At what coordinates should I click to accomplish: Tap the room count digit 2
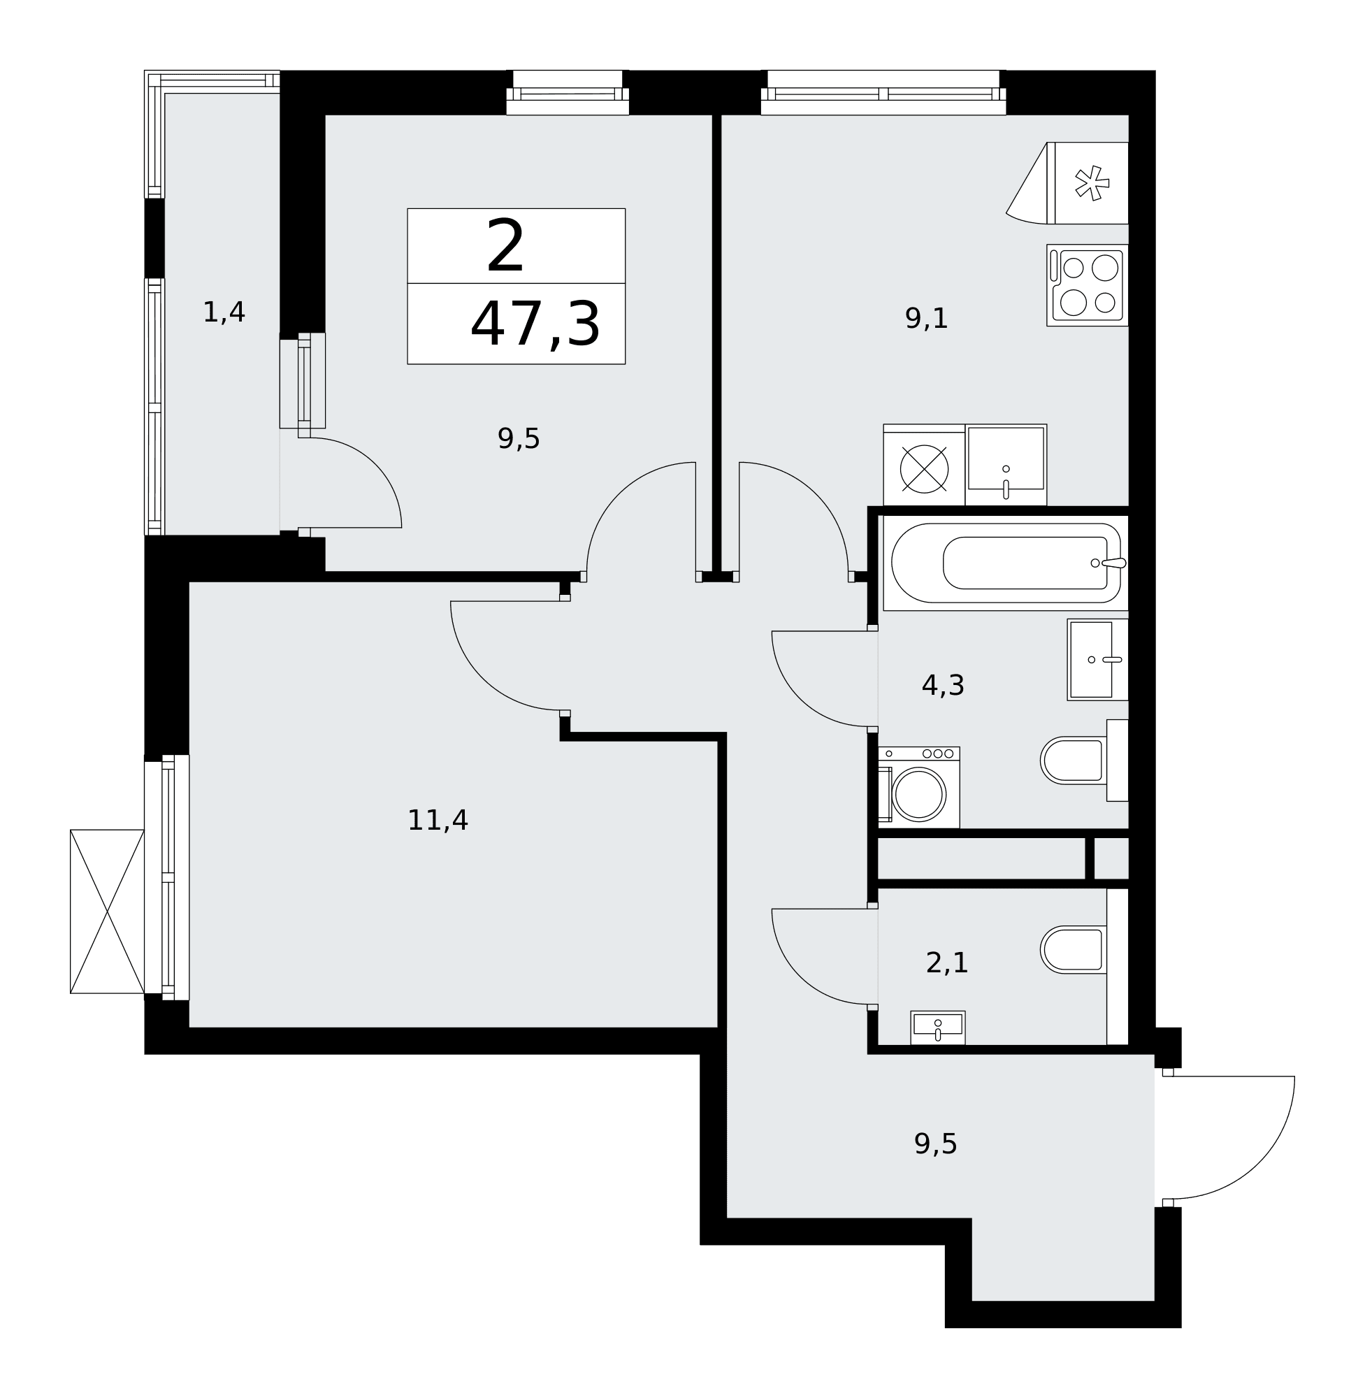505,246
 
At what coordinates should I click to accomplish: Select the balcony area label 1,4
224,312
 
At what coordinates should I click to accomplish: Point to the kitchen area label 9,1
926,318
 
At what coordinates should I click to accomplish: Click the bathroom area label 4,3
943,686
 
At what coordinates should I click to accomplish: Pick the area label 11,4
438,820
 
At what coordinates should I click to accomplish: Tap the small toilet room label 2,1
947,963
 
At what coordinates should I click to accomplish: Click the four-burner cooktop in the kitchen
1087,285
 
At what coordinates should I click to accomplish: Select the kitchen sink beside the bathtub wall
1006,465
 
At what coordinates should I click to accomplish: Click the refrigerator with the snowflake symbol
1068,183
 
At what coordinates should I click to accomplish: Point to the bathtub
1006,563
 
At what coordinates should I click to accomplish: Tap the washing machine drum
918,794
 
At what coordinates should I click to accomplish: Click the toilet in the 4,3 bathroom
1084,760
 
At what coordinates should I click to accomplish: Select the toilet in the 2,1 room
1084,951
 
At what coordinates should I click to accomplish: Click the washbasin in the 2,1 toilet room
938,1028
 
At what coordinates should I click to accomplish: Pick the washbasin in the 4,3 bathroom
1097,660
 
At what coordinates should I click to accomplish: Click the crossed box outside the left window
107,911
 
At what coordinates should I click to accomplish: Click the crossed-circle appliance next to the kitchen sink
924,469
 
